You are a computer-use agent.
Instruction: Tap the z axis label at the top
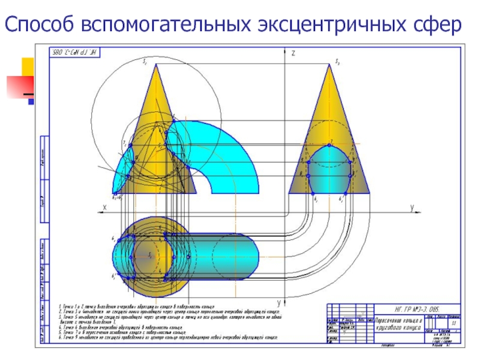tap(293, 53)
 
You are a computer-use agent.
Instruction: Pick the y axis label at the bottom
tap(279, 301)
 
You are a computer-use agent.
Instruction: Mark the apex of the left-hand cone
tap(156, 65)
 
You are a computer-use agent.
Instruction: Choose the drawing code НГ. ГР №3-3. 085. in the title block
tap(409, 307)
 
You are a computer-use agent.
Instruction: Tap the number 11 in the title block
tap(454, 323)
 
